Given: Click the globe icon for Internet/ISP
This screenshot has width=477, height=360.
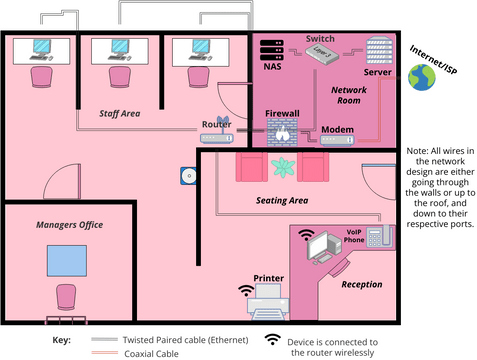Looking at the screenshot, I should point(422,79).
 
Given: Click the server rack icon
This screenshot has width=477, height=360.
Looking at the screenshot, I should point(378,49).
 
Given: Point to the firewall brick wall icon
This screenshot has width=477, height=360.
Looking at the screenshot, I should point(283,132).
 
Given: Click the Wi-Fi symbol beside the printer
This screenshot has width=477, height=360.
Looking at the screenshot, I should point(244,291).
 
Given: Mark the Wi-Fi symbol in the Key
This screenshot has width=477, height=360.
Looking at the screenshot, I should point(272,340).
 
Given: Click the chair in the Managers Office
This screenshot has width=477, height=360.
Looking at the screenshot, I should point(67,297).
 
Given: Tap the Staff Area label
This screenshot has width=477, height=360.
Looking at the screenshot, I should point(119,114).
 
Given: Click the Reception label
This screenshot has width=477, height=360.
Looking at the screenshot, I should point(361,284).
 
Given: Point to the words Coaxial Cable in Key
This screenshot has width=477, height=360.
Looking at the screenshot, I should point(152,352).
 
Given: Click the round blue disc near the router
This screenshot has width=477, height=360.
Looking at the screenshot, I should point(187,177).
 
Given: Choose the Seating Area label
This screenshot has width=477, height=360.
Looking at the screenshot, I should point(282,201).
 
